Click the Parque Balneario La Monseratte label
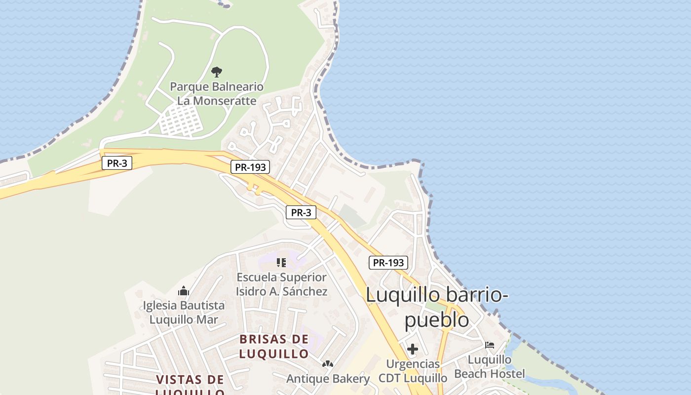click(217, 94)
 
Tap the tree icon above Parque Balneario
click(216, 72)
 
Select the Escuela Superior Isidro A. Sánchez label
click(281, 284)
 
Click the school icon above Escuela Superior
click(281, 263)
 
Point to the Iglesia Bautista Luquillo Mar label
click(184, 312)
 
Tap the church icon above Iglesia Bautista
click(184, 291)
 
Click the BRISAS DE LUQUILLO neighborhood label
click(274, 346)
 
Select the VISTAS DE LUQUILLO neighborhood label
click(190, 385)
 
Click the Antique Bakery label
click(328, 379)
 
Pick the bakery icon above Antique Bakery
click(327, 364)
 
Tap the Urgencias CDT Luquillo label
click(413, 371)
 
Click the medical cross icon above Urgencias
click(413, 350)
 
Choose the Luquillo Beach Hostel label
click(490, 366)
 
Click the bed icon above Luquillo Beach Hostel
click(490, 345)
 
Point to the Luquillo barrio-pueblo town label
click(437, 307)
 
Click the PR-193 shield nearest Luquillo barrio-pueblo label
click(388, 263)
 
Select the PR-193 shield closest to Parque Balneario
click(250, 167)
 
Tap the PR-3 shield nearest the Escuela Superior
click(301, 213)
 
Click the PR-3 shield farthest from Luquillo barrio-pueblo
click(117, 163)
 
